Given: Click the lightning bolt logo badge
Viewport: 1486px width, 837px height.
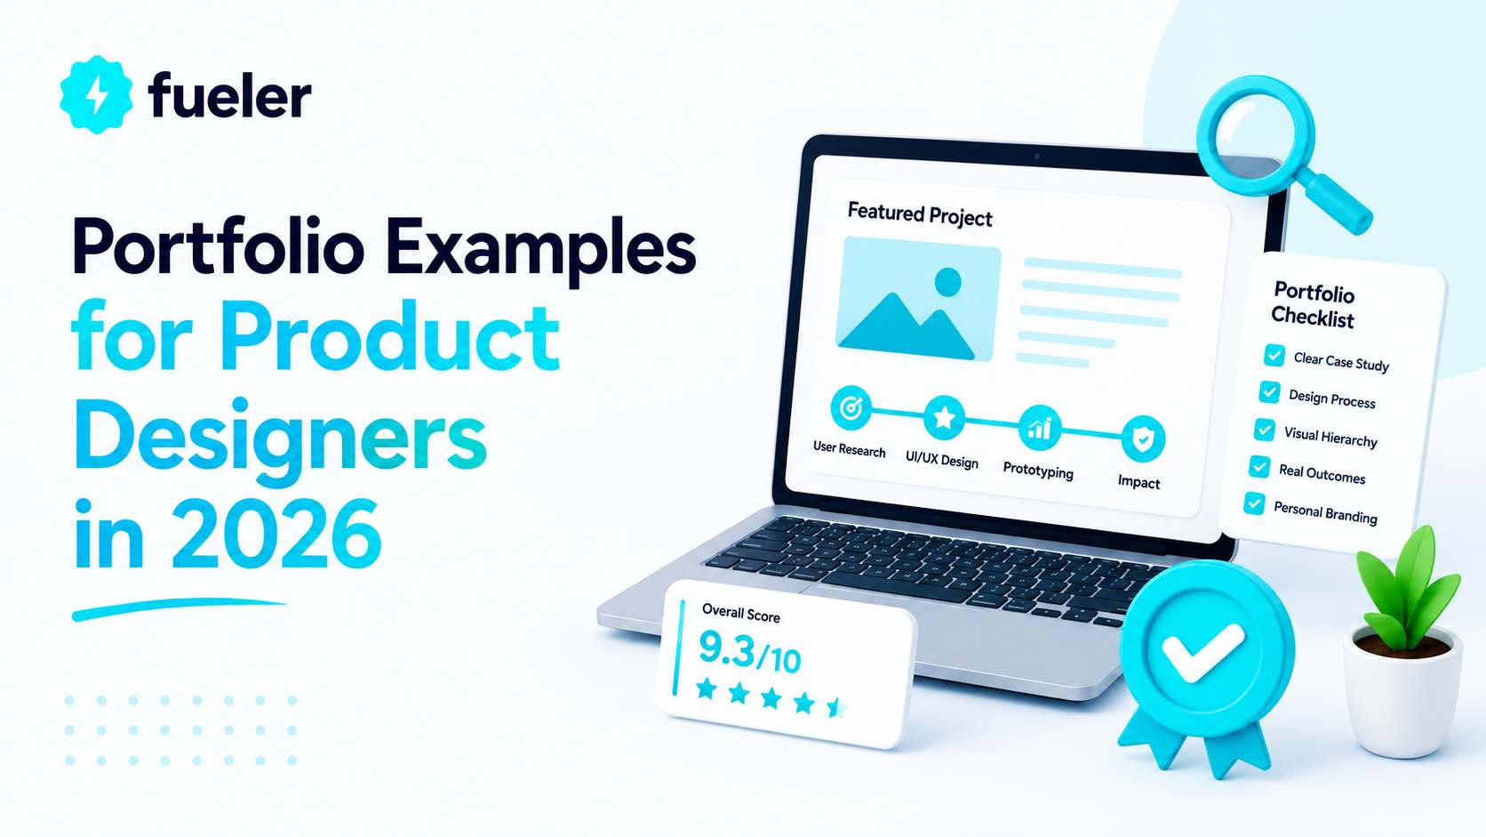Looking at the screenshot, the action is [x=96, y=94].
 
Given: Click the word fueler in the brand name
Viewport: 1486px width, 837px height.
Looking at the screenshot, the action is [x=229, y=95].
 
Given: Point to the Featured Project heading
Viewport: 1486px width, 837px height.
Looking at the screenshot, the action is [x=920, y=215].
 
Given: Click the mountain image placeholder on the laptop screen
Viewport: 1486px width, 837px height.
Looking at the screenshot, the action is [x=918, y=299].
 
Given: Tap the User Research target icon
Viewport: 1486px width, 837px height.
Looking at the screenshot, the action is [x=851, y=406].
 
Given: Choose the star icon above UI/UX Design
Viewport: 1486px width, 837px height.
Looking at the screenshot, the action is [x=944, y=417].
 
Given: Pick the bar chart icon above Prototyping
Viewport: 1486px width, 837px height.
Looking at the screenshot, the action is [x=1040, y=428].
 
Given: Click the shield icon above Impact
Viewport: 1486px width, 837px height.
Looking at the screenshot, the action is [x=1143, y=439].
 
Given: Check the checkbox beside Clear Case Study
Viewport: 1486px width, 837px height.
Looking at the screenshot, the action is [x=1274, y=355].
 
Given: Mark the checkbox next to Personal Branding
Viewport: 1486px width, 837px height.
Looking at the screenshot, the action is [x=1254, y=503].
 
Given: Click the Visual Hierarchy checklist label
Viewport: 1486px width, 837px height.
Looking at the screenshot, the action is [x=1330, y=437].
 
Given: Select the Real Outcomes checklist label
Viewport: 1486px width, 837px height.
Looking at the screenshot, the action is [x=1322, y=474].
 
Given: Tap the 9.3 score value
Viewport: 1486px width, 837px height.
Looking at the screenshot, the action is [x=726, y=648].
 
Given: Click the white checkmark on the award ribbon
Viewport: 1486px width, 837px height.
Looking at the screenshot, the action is [x=1202, y=653].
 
